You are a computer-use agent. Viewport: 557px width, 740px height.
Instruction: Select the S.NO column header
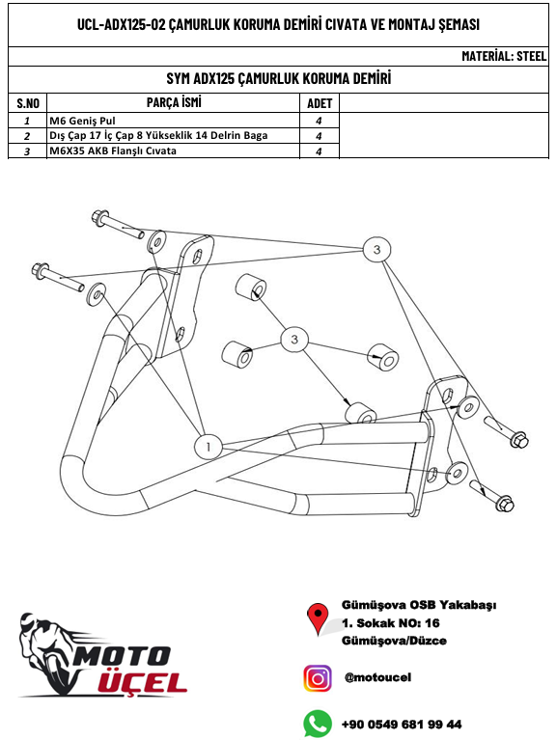click(27, 103)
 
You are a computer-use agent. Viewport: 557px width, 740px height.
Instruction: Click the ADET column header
click(319, 103)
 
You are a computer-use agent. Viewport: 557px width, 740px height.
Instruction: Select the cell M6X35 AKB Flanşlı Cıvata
click(113, 151)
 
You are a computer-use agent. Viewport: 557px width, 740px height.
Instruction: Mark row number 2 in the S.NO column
click(27, 136)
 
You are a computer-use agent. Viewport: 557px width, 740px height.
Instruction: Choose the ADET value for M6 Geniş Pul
click(318, 122)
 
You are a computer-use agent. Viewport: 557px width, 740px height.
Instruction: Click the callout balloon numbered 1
click(209, 446)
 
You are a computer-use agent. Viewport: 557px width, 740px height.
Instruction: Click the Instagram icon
click(317, 678)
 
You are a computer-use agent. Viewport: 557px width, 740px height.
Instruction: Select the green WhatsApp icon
click(317, 723)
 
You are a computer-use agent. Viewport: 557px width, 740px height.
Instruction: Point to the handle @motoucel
click(377, 678)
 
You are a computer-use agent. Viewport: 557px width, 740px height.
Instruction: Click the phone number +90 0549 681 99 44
click(401, 724)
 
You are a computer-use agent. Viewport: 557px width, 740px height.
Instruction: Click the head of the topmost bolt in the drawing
click(98, 218)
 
